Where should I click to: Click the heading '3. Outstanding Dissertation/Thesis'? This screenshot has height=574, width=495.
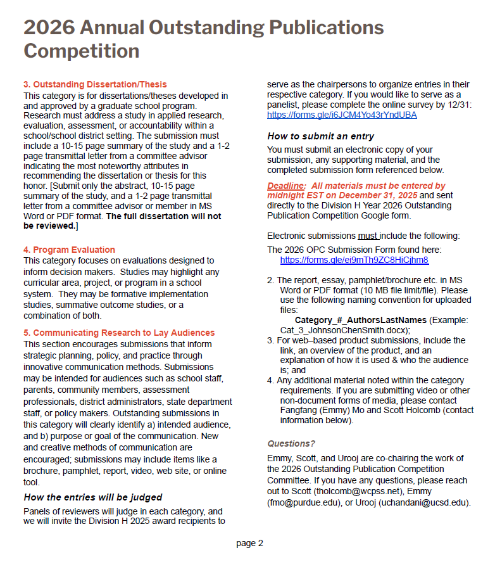point(95,84)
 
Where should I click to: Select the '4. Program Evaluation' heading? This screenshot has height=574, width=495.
point(69,250)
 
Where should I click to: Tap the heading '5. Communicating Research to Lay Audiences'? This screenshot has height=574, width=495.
point(119,333)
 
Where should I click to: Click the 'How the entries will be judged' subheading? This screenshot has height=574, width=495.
point(93,497)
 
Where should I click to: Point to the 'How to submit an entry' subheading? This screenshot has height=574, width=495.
point(320,136)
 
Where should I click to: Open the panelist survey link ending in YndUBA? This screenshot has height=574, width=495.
point(342,115)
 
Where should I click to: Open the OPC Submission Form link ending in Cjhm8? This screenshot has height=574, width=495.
point(354,260)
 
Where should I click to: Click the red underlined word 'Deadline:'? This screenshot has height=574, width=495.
point(287,186)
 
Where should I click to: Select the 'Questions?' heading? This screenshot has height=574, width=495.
point(291,443)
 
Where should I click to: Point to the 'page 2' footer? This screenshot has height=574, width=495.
point(249,543)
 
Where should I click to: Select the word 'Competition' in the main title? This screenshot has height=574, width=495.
point(82,51)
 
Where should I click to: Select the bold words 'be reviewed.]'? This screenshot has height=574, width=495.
point(51,226)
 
